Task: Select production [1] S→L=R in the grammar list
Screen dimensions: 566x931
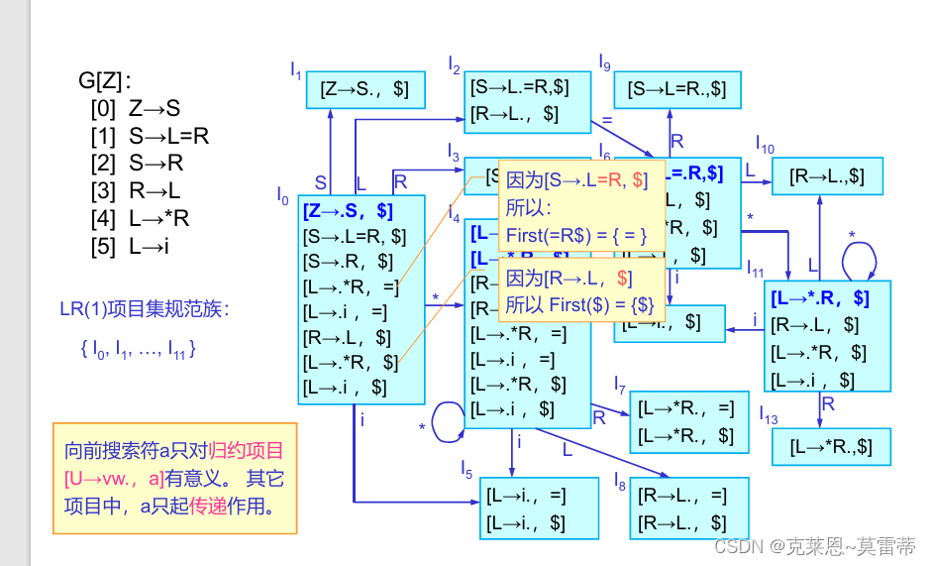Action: point(150,137)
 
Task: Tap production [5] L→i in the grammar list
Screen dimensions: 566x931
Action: point(131,247)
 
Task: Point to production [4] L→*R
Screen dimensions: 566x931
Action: point(140,219)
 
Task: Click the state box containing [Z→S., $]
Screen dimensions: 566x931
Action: point(364,89)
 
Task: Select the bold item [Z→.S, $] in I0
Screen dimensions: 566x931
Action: point(349,210)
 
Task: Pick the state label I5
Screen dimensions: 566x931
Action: point(466,467)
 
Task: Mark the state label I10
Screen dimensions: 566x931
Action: point(765,144)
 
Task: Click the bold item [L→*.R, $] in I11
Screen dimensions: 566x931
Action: point(819,298)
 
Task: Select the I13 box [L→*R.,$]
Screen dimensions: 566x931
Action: point(831,447)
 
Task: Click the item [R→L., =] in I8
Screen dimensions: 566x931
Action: point(682,496)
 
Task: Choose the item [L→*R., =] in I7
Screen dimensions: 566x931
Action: point(686,407)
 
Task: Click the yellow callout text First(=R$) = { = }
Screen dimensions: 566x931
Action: point(576,236)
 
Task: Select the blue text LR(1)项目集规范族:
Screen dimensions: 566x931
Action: point(145,309)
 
